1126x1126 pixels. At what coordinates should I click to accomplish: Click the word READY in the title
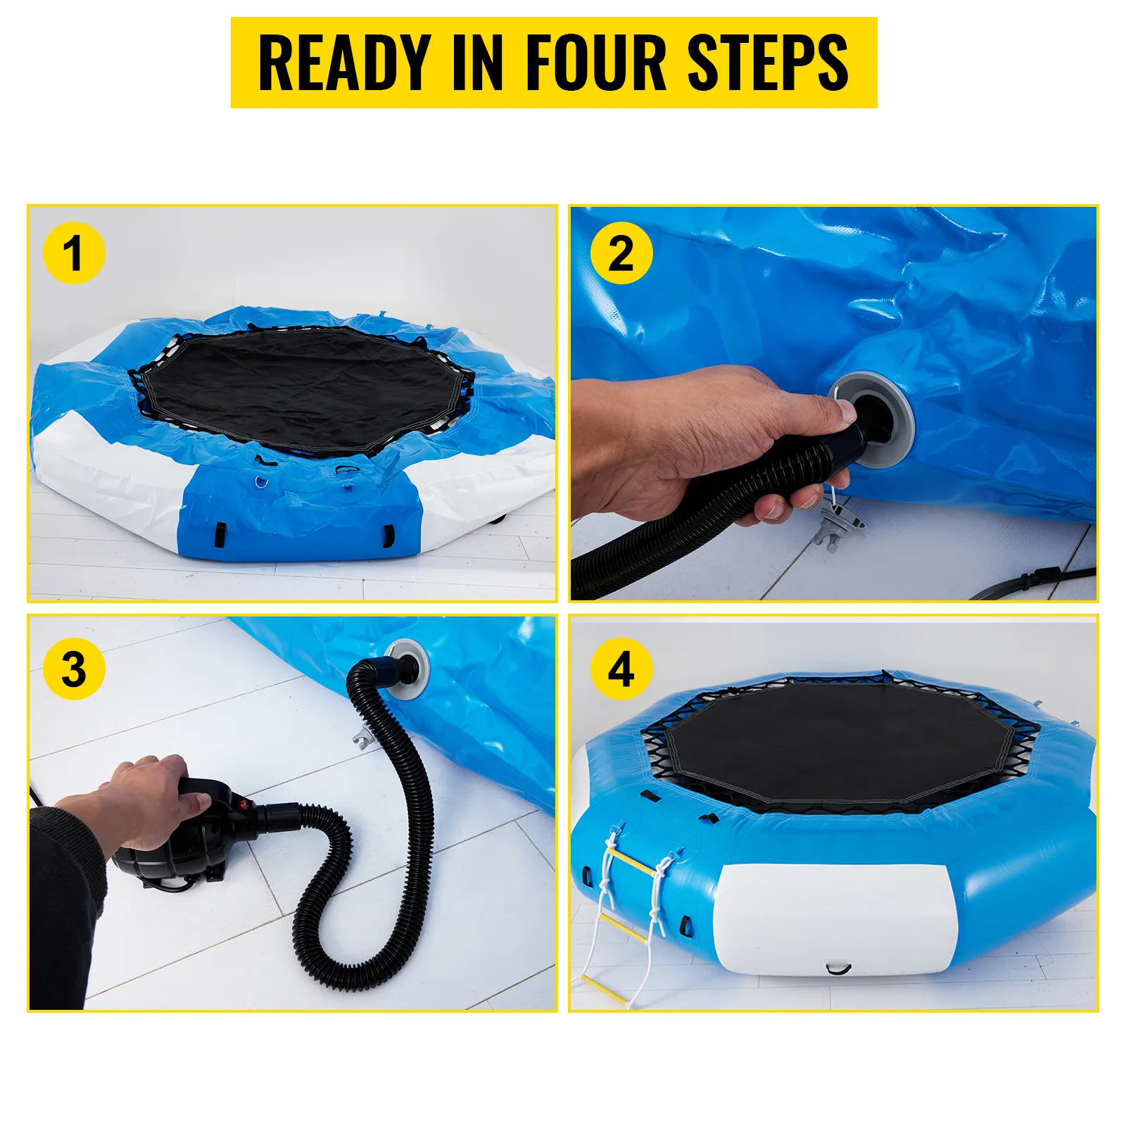[344, 63]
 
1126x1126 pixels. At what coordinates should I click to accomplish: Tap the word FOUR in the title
[595, 63]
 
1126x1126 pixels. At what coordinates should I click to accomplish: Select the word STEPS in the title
[767, 63]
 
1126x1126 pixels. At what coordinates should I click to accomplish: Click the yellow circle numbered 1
[73, 253]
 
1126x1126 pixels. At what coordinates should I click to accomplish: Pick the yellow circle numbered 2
[621, 253]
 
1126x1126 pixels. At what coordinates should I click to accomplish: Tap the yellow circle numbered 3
[73, 669]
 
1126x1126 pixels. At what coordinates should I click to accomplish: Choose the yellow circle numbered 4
[621, 669]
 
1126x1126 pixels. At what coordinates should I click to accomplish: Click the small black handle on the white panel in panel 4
[838, 970]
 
